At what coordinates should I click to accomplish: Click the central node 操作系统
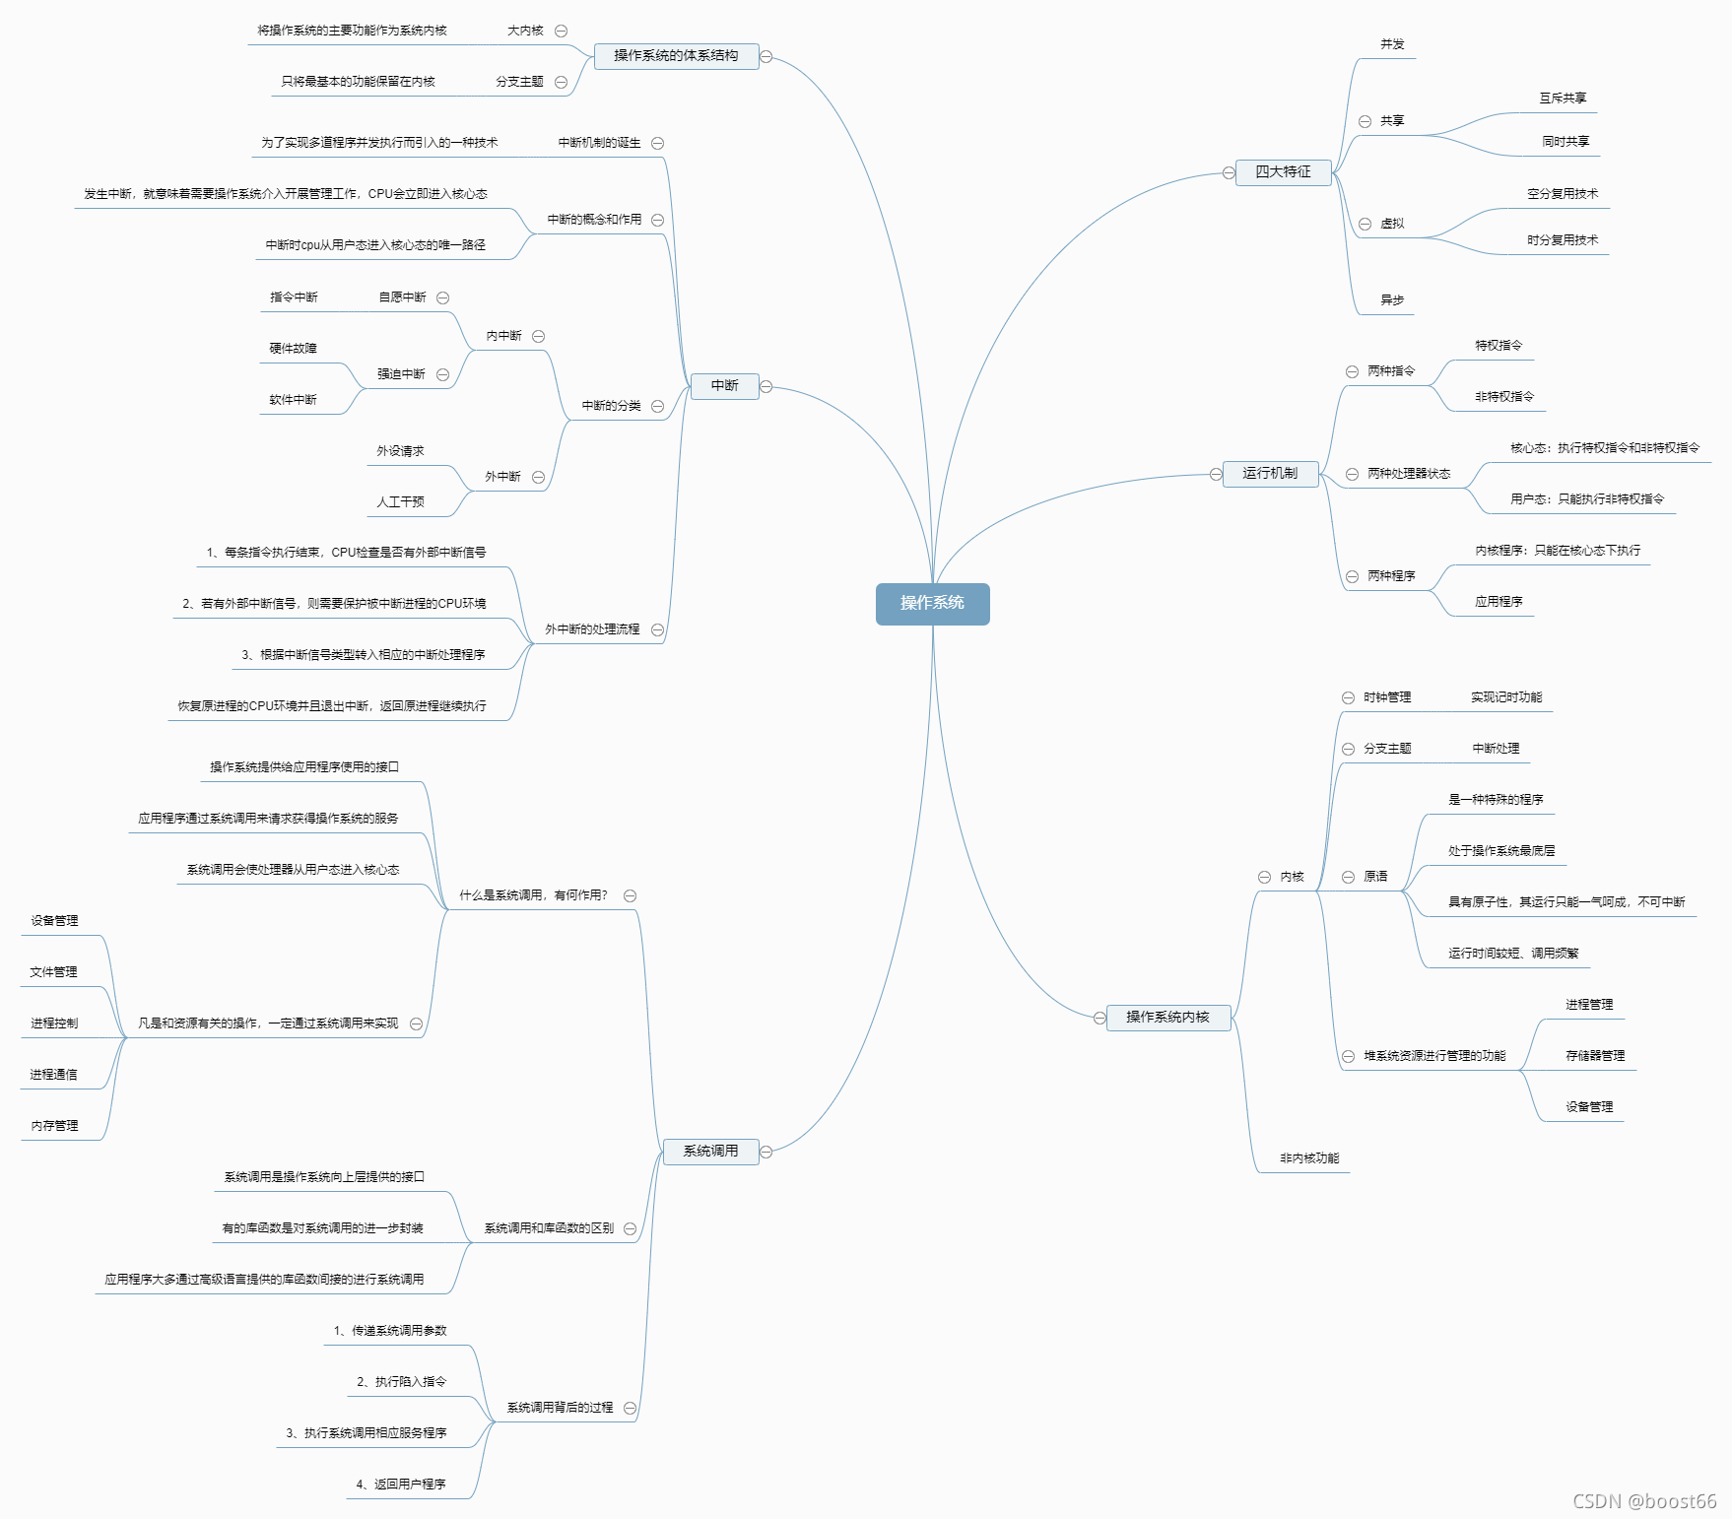[932, 603]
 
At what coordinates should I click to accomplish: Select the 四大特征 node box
[1283, 172]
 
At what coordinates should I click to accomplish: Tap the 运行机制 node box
[1270, 474]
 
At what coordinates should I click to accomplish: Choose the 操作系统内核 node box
[1167, 1018]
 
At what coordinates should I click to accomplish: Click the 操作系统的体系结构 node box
[676, 56]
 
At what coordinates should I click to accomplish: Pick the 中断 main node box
[724, 386]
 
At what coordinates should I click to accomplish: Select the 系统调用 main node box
[710, 1152]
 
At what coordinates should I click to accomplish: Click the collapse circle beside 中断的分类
[657, 406]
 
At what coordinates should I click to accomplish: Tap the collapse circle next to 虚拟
[1365, 225]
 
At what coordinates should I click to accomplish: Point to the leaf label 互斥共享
[1563, 99]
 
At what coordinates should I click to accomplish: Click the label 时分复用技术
[1563, 240]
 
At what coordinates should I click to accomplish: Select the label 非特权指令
[1504, 397]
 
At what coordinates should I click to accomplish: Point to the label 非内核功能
[1309, 1158]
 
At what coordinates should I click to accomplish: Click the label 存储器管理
[1595, 1056]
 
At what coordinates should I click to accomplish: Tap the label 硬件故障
[293, 349]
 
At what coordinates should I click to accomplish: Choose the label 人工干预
[400, 502]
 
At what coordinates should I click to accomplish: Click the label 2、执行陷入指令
[401, 1382]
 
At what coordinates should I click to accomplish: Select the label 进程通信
[53, 1075]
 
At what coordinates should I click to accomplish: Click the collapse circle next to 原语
[1348, 878]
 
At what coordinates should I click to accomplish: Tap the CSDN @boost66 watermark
[1644, 1501]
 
